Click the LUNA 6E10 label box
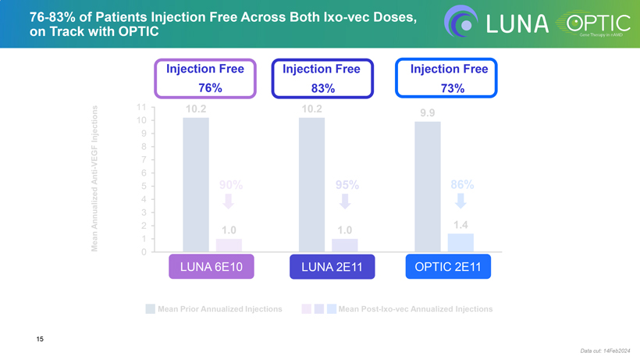(x=212, y=267)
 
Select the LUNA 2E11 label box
(x=327, y=267)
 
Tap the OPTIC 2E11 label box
(x=448, y=267)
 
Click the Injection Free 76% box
(x=205, y=78)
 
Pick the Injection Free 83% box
(x=321, y=78)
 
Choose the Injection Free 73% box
(x=446, y=78)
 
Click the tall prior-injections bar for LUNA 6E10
(x=196, y=184)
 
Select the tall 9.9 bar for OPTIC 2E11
(x=427, y=187)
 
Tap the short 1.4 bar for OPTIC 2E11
(x=460, y=243)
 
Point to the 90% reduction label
(x=230, y=185)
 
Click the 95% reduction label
(x=347, y=185)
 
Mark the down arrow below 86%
(x=460, y=201)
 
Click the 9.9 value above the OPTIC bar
(x=427, y=113)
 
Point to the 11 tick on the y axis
(x=140, y=107)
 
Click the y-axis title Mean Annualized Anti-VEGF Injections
(x=94, y=180)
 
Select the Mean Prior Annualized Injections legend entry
(x=214, y=309)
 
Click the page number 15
(x=39, y=338)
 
